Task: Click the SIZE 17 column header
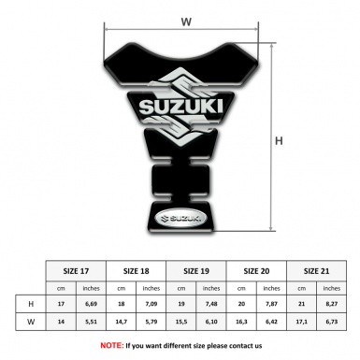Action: (78, 270)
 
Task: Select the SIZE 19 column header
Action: (197, 270)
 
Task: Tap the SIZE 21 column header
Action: (315, 270)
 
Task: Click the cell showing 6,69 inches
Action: (92, 305)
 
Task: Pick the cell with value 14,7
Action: (122, 322)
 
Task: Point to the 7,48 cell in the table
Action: (212, 305)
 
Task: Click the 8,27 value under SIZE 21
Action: (332, 305)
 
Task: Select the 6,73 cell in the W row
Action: (332, 322)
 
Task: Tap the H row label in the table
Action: (32, 305)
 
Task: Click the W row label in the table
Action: (32, 322)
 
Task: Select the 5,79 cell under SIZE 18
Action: (151, 322)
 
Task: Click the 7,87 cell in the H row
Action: (272, 305)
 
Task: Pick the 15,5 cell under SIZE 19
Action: (182, 322)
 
